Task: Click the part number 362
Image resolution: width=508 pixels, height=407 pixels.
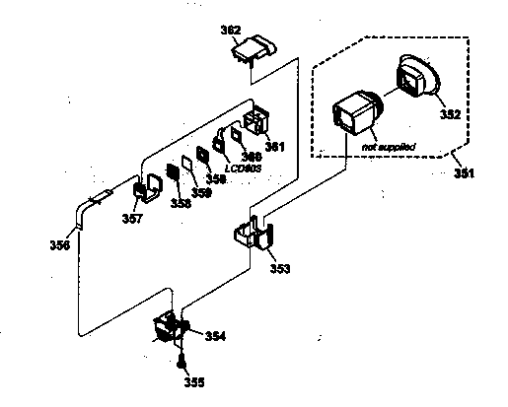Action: coord(230,32)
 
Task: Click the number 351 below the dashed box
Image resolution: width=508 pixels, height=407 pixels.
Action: coord(464,173)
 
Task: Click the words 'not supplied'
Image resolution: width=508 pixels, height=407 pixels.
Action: coord(389,146)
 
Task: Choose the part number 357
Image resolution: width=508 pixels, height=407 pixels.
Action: coord(131,218)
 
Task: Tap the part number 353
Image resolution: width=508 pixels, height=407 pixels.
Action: coord(280,267)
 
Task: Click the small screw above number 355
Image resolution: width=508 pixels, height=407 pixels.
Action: coord(181,360)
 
